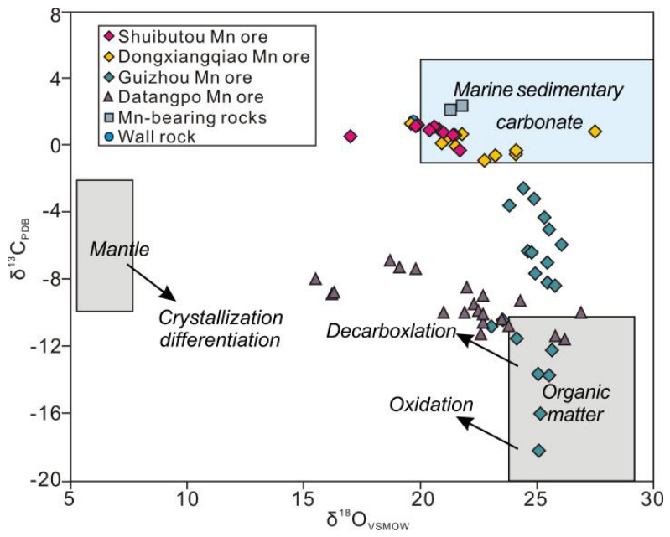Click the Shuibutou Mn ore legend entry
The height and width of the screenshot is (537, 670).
[186, 36]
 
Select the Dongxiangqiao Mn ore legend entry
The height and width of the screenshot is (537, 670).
[207, 56]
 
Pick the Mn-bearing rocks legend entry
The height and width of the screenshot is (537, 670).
[185, 117]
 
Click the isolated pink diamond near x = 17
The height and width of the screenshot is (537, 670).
[351, 137]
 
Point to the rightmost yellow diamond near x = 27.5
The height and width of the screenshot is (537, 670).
[595, 132]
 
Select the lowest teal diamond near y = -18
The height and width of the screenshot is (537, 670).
[539, 450]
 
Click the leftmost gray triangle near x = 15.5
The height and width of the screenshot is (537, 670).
[315, 279]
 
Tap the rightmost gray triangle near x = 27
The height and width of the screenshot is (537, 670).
[580, 312]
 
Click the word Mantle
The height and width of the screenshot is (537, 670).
[120, 250]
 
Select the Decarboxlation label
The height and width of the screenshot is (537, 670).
[391, 331]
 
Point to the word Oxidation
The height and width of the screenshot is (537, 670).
[431, 405]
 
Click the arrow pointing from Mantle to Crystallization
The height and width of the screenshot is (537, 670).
[151, 281]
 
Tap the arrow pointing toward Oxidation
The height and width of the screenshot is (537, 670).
[487, 432]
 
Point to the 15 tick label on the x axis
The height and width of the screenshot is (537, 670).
[304, 498]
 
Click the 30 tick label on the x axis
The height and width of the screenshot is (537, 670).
[654, 498]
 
